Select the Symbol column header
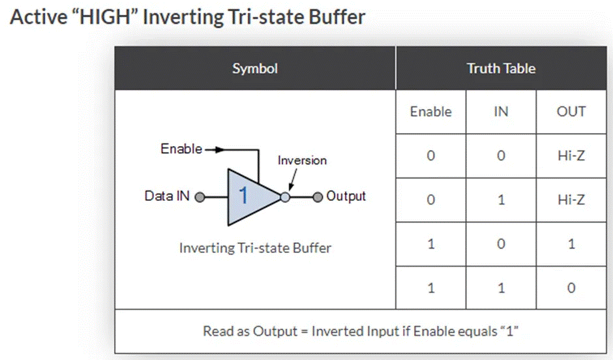(x=255, y=68)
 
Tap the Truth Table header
(x=501, y=68)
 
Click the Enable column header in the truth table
(x=431, y=112)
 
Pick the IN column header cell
(x=501, y=112)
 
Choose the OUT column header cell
(x=571, y=112)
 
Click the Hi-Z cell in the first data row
(x=571, y=156)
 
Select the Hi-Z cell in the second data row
(x=571, y=200)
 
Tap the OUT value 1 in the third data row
(x=571, y=244)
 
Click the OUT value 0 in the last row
(x=571, y=288)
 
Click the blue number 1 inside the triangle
(x=243, y=195)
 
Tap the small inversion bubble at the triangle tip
(x=286, y=197)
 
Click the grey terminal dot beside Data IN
(x=200, y=197)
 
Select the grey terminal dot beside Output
(x=318, y=197)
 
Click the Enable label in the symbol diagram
(x=181, y=149)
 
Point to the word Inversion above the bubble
(x=302, y=160)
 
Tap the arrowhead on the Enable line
(x=220, y=149)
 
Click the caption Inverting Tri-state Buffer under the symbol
(x=255, y=248)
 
